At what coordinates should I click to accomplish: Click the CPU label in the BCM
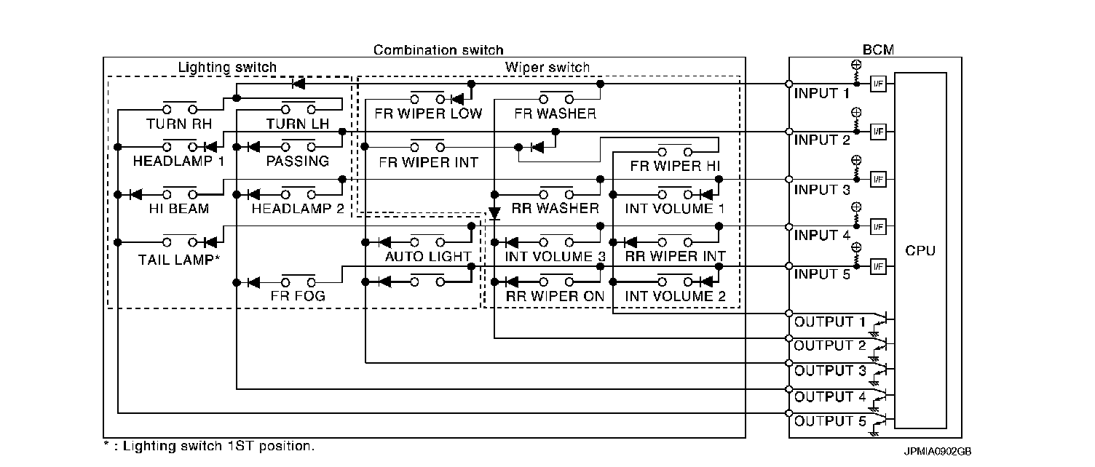(x=920, y=251)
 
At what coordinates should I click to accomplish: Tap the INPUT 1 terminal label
(x=821, y=93)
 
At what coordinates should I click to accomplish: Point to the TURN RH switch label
(x=178, y=124)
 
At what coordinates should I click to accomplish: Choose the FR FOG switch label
(x=298, y=296)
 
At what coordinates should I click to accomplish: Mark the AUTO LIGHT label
(x=427, y=257)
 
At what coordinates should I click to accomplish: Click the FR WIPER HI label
(x=675, y=166)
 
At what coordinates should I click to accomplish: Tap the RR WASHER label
(x=555, y=209)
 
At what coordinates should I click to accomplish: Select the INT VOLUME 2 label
(x=675, y=296)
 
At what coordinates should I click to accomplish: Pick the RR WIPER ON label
(x=555, y=296)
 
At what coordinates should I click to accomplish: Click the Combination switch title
(x=438, y=50)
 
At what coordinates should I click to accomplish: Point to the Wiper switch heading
(x=547, y=68)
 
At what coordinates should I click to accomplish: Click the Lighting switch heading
(x=227, y=68)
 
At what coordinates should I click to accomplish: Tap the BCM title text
(x=877, y=50)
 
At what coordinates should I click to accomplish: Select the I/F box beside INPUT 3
(x=877, y=179)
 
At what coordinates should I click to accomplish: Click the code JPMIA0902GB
(x=938, y=452)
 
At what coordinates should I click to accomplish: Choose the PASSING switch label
(x=297, y=161)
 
